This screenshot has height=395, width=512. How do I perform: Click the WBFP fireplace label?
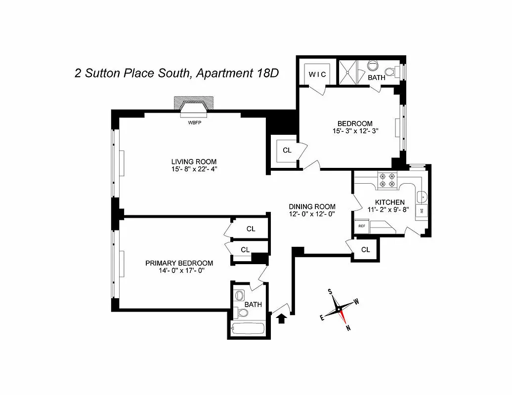pos(194,122)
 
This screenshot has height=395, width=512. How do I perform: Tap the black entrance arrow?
pos(282,318)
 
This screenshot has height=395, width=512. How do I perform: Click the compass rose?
pos(340,310)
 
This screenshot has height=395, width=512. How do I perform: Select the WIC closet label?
pos(317,74)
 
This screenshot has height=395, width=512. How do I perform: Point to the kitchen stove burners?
pos(386,180)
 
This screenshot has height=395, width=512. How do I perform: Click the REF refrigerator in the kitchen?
pos(362,226)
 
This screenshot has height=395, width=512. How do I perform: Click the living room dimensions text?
pos(194,170)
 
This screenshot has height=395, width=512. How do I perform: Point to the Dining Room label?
pos(312,206)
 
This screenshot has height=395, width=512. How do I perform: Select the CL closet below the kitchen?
pos(365,250)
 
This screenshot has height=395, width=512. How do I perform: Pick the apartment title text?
pos(176,74)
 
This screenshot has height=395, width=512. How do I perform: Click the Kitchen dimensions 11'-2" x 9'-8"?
pos(389,210)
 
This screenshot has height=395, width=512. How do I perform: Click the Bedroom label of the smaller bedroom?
pos(354,123)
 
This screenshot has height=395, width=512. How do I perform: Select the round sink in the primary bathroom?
pos(240,295)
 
